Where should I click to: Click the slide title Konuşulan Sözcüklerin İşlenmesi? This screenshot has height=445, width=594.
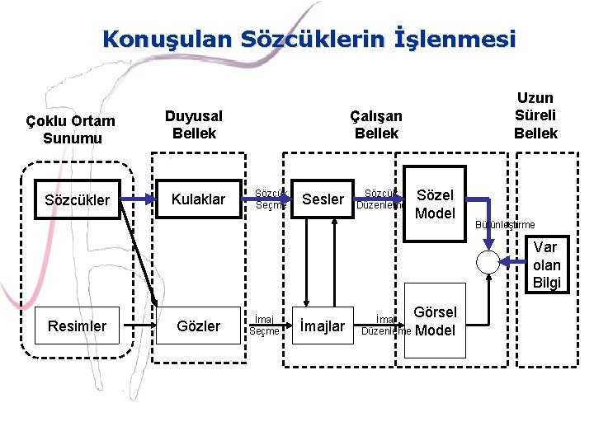tap(309, 39)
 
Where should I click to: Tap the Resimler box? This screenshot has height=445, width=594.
tap(77, 326)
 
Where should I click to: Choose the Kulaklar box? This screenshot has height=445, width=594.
tap(198, 199)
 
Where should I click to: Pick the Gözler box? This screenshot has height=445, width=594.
tap(199, 326)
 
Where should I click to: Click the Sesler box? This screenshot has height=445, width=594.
tap(323, 199)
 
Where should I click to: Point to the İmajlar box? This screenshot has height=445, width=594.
tap(323, 326)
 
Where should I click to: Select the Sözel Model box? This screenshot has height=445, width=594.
tap(436, 204)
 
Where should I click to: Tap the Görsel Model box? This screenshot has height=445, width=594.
tap(435, 321)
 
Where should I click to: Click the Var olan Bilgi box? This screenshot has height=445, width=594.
tap(545, 265)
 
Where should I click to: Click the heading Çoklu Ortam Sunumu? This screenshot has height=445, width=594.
tap(70, 129)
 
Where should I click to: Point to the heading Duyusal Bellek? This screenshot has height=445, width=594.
tap(193, 124)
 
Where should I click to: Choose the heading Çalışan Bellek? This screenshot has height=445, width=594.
tap(376, 124)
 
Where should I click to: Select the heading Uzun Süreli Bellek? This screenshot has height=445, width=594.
tap(535, 115)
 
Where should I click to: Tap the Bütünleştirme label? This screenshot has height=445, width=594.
tap(505, 225)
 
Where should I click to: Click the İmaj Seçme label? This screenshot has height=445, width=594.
tap(264, 325)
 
